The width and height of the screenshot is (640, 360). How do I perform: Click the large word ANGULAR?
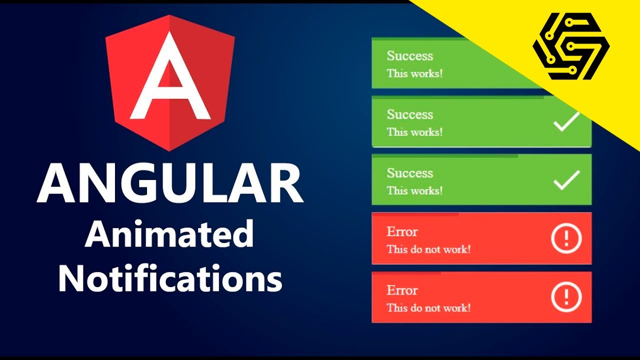pyautogui.click(x=170, y=184)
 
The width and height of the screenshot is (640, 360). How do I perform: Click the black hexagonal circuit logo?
pyautogui.click(x=571, y=46)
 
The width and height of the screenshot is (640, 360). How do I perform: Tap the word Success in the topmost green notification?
pyautogui.click(x=409, y=56)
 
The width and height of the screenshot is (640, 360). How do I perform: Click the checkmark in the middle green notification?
pyautogui.click(x=566, y=121)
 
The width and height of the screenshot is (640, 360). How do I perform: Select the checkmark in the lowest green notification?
pyautogui.click(x=566, y=180)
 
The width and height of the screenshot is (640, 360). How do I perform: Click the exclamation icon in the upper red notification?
pyautogui.click(x=566, y=238)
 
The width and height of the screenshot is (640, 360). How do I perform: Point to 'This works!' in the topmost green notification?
pyautogui.click(x=414, y=73)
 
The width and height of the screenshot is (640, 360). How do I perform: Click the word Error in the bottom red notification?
pyautogui.click(x=402, y=290)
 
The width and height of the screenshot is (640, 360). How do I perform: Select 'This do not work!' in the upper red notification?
pyautogui.click(x=428, y=249)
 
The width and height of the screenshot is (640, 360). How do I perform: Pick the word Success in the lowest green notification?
pyautogui.click(x=409, y=173)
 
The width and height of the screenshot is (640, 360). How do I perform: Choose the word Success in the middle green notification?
pyautogui.click(x=409, y=114)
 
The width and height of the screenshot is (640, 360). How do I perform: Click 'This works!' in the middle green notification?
pyautogui.click(x=414, y=132)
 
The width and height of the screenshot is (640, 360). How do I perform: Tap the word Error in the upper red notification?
pyautogui.click(x=402, y=232)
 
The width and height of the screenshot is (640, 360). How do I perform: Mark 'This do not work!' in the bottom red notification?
pyautogui.click(x=428, y=307)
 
